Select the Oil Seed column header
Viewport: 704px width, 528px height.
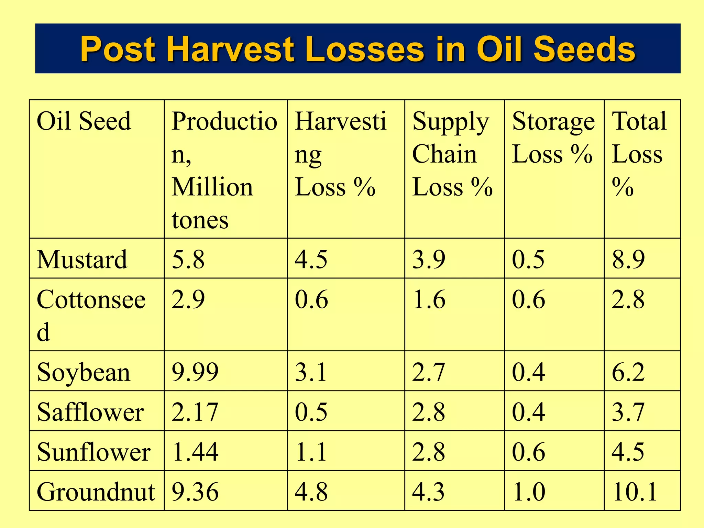[x=84, y=121]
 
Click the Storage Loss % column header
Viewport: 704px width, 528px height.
[x=553, y=137]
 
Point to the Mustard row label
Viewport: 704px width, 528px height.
[x=82, y=259]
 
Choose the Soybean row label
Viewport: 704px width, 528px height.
[x=84, y=372]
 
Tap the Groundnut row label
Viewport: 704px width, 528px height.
[x=96, y=492]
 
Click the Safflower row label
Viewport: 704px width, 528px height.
[x=90, y=412]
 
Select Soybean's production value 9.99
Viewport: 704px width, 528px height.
[x=195, y=372]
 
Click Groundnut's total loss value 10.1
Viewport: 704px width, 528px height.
[x=635, y=492]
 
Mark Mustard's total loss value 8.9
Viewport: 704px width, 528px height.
[x=628, y=259]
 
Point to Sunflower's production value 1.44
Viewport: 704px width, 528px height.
[x=195, y=452]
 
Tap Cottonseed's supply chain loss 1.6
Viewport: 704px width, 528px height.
[x=429, y=299]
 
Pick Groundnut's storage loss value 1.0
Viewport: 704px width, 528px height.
[x=528, y=492]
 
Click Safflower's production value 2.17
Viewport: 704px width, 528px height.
[x=195, y=412]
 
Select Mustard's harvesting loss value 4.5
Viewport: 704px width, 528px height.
[x=311, y=259]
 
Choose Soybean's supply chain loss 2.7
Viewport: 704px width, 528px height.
[x=429, y=372]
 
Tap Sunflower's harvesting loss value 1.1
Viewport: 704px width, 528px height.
[x=311, y=452]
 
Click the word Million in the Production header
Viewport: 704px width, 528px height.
[x=212, y=187]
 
